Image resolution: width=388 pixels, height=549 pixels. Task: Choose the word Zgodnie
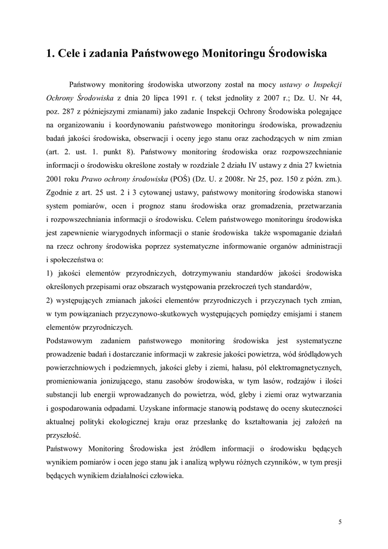[61, 191]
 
